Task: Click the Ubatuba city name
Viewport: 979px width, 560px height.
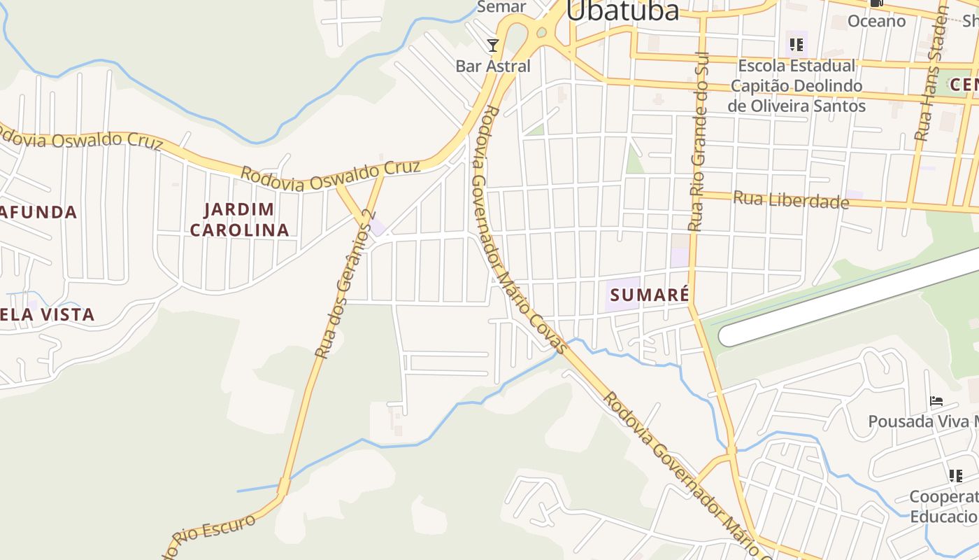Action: (622, 11)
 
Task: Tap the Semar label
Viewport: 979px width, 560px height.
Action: (501, 7)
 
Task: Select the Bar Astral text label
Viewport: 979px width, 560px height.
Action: (493, 66)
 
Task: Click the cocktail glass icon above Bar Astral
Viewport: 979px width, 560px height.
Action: (493, 46)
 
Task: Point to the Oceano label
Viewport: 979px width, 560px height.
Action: (876, 21)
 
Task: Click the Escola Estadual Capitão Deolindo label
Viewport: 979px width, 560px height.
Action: (796, 86)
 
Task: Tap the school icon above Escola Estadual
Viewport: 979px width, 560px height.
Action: (796, 45)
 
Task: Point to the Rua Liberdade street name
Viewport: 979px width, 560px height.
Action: (790, 200)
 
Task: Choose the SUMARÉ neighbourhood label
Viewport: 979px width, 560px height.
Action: (648, 295)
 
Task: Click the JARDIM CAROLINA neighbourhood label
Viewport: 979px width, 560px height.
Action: (239, 219)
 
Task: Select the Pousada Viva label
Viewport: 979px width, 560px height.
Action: (922, 421)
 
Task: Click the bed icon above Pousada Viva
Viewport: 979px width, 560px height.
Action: (936, 401)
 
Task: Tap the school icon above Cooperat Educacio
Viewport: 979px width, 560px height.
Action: (956, 476)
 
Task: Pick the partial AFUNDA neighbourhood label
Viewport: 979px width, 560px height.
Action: (38, 212)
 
